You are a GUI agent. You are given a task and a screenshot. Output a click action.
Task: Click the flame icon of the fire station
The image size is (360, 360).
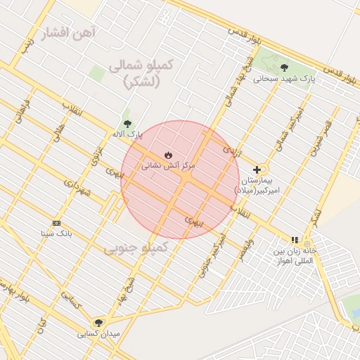167,155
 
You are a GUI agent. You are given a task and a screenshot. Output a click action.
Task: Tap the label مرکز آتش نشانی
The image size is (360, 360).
169,167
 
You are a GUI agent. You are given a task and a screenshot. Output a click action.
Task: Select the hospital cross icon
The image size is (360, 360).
257,169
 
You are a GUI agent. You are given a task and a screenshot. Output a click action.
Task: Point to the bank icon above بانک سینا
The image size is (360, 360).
57,222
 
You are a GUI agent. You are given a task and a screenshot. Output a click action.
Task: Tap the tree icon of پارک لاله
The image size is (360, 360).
127,123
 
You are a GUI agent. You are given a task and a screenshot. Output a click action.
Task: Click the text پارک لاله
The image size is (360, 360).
127,134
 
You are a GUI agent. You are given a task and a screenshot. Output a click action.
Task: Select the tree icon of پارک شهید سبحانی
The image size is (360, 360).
284,67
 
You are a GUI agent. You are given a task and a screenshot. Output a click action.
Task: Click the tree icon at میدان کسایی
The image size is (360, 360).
98,322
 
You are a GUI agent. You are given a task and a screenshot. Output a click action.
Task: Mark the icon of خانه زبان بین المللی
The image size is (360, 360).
295,240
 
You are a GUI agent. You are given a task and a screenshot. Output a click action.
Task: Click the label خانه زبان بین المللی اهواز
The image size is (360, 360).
295,255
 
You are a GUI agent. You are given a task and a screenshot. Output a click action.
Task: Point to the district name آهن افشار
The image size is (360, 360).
68,33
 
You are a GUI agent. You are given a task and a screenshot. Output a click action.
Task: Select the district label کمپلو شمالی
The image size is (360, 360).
141,72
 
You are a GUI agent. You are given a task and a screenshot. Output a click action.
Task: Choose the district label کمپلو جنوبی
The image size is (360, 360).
136,247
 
